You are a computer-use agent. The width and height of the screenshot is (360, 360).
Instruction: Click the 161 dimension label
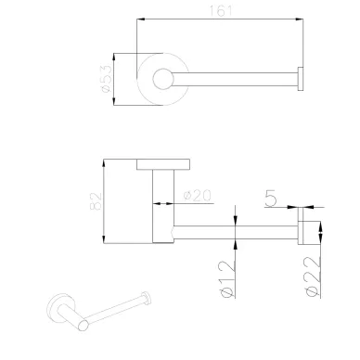(220, 11)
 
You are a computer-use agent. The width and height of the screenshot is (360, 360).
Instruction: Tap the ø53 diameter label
(105, 79)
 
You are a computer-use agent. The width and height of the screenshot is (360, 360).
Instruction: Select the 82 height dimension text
(96, 201)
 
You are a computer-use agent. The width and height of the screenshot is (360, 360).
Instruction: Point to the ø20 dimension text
(197, 196)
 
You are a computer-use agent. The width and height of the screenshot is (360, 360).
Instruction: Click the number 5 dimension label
(271, 199)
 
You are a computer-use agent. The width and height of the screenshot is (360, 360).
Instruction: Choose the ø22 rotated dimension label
(312, 276)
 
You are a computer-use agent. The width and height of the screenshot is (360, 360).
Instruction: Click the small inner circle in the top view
(163, 79)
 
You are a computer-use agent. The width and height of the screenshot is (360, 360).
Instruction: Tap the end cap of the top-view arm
(301, 79)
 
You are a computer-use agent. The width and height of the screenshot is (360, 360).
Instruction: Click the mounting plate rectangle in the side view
(163, 164)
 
